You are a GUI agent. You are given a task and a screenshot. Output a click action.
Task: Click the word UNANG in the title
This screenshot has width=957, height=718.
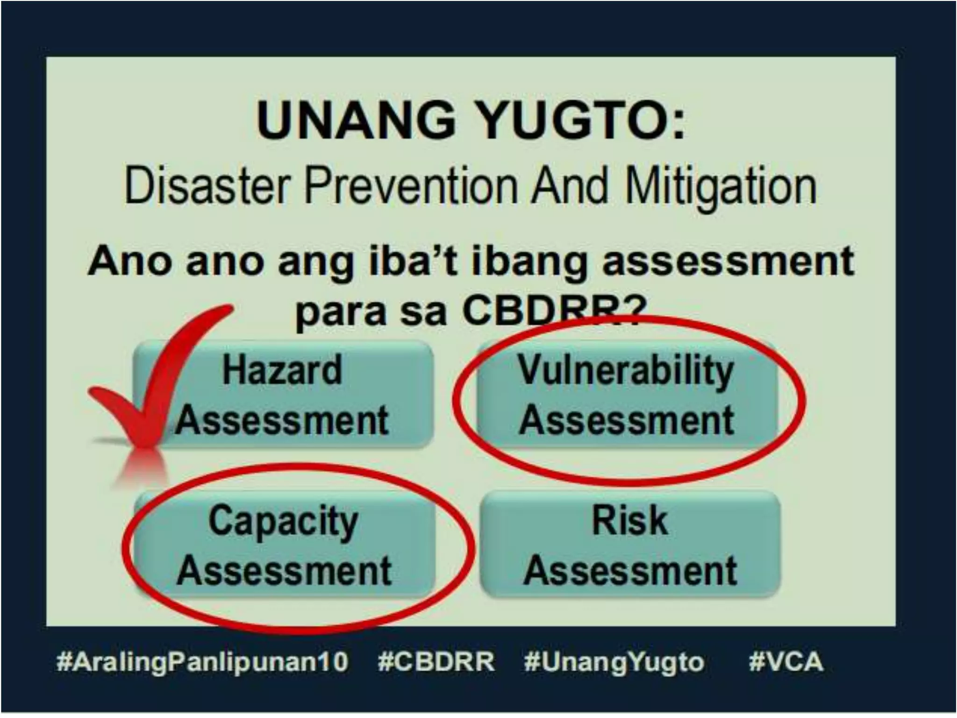coord(356,120)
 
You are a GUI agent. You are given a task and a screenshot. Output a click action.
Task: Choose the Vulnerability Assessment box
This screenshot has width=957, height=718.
coord(626,395)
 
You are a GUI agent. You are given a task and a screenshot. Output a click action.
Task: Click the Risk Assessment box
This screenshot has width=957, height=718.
coord(630,545)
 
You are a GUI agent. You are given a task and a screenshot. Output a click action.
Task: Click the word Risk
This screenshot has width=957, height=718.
coord(629,520)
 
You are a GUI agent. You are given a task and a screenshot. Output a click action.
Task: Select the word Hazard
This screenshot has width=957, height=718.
coord(282,370)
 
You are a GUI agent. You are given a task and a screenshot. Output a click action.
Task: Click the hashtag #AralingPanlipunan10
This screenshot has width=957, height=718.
coord(202,662)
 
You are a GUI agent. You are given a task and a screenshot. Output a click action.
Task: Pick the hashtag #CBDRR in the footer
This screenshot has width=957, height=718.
coord(436,662)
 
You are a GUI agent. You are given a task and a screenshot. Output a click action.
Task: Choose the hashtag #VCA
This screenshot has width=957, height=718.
coord(786,662)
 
